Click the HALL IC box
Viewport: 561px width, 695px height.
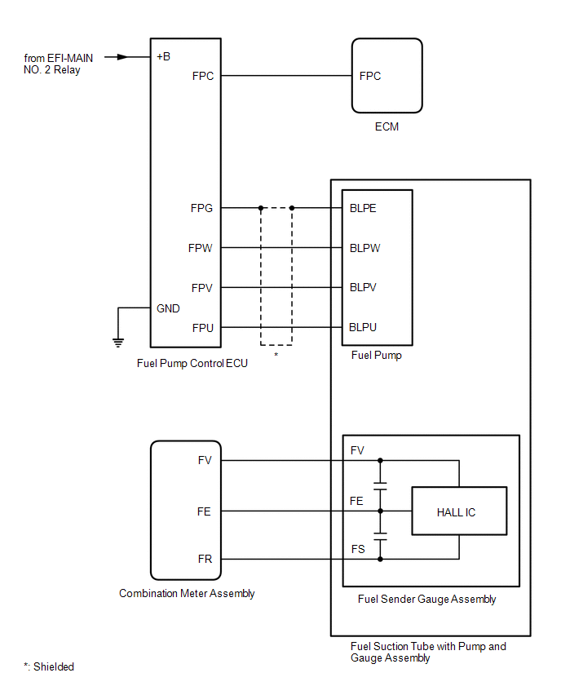pos(458,511)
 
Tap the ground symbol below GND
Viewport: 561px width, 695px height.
pos(118,341)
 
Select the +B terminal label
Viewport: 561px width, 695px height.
pos(163,57)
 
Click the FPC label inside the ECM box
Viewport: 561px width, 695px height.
pos(370,76)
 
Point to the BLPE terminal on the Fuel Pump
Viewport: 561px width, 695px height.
pos(363,208)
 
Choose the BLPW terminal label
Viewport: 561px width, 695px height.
pos(364,248)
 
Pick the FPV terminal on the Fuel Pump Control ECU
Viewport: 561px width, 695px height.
pos(201,288)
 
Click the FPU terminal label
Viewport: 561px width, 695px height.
pos(202,328)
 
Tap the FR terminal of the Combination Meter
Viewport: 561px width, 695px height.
pos(204,559)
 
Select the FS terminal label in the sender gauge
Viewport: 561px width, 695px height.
pos(357,550)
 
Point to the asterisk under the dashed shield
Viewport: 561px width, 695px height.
pos(276,356)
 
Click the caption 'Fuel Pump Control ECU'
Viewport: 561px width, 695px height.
pos(192,364)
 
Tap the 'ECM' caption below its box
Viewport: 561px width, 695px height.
pos(387,127)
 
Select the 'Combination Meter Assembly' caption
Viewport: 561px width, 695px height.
pos(187,594)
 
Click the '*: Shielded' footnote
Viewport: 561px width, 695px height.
pos(49,666)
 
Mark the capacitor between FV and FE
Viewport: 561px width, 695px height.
pos(380,486)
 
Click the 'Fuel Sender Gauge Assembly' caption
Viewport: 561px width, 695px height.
pos(426,600)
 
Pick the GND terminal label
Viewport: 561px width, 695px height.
pos(168,308)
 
